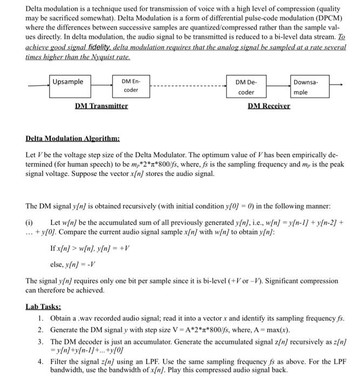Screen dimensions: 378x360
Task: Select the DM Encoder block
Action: point(131,86)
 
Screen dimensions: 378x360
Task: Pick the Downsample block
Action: point(308,87)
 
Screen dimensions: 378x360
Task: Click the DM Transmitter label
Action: point(101,106)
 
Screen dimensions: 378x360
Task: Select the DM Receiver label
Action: point(269,106)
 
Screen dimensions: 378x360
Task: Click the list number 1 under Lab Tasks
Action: point(41,319)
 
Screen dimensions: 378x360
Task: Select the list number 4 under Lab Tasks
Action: point(41,361)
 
